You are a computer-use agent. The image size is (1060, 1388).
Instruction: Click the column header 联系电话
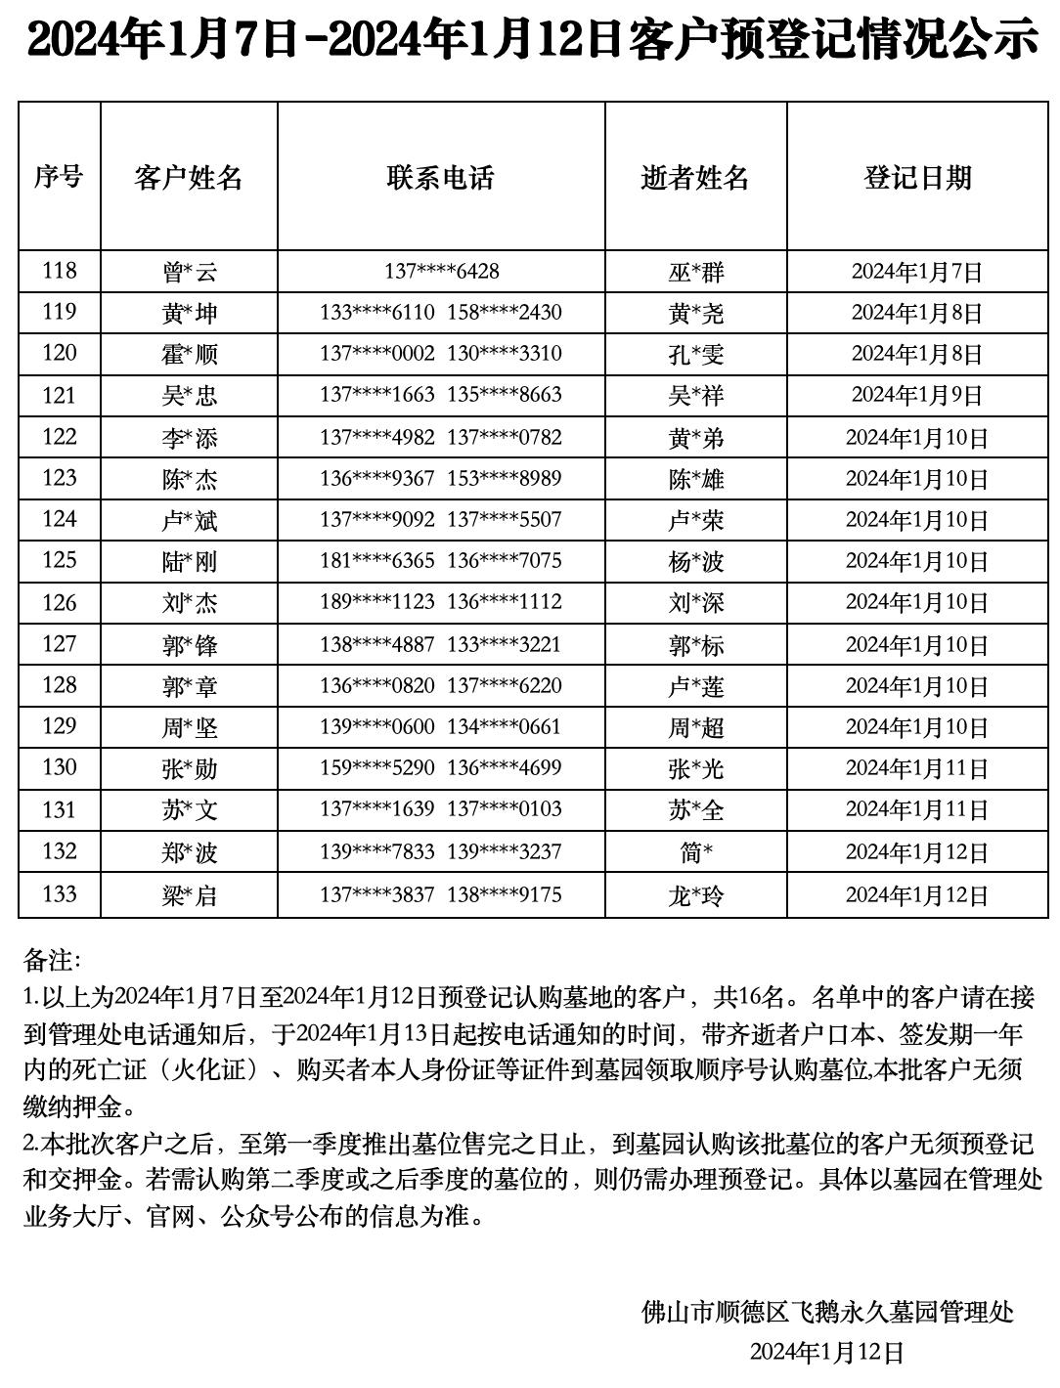coord(440,177)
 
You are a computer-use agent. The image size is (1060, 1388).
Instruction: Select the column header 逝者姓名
coord(694,177)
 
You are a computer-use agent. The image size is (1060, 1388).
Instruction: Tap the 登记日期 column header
coord(916,177)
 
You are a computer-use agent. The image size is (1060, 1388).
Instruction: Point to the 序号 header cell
coord(59,177)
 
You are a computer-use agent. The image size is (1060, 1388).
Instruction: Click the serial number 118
coord(59,270)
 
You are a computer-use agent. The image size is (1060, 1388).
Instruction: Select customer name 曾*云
coord(189,272)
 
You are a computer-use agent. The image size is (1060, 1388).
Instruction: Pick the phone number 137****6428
coord(441,271)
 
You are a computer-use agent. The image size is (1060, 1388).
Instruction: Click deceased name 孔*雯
coord(695,354)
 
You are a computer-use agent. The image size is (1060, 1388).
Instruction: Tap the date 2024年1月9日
coord(916,395)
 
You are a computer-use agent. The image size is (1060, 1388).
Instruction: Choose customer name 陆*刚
coord(189,561)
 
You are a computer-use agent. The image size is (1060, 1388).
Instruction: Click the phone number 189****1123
coord(376,602)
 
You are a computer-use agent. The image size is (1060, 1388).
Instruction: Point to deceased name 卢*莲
coord(695,686)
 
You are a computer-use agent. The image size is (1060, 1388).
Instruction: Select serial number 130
coord(59,767)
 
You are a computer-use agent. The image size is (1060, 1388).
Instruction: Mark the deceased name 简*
coord(695,852)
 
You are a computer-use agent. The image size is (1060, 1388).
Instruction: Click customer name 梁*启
coord(189,894)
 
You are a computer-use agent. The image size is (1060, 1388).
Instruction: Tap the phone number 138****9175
coord(505,893)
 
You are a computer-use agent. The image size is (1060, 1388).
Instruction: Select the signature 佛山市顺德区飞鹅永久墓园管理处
coord(827,1311)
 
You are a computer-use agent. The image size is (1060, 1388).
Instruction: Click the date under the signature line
coord(826,1352)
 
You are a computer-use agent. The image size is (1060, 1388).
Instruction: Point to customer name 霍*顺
coord(189,354)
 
